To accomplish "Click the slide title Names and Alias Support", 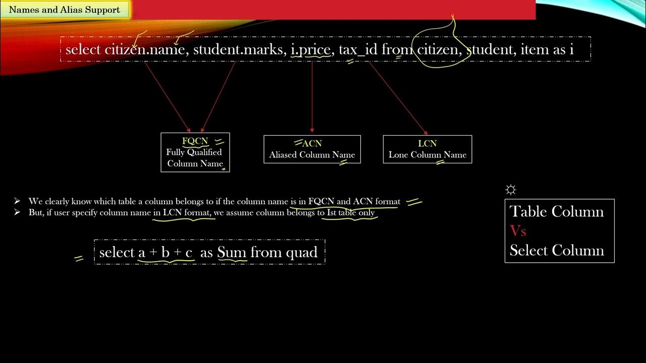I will coord(65,10).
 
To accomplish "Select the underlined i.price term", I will coord(310,50).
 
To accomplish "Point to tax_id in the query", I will coord(358,50).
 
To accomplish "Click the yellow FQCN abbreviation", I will coord(195,141).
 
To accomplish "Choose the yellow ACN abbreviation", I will coord(312,144).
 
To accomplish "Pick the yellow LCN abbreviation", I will coord(427,144).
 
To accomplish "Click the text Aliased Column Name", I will coord(312,155).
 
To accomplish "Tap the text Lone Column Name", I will coord(427,155).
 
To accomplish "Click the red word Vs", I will coord(518,231).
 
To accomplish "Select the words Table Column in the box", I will coord(556,211).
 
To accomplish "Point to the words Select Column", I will coord(556,251).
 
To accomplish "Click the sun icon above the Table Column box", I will coord(511,190).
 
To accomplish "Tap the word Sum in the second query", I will coord(232,252).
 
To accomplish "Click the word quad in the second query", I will coord(301,252).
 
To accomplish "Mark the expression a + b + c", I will coord(166,252).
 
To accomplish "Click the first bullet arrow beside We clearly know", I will coord(18,201).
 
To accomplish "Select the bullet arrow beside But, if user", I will coord(18,212).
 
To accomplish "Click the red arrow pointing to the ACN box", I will coord(312,96).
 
